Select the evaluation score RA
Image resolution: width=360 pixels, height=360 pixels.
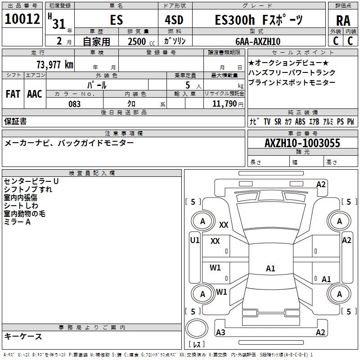pos(343,21)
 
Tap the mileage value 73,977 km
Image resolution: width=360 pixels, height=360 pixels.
pos(54,64)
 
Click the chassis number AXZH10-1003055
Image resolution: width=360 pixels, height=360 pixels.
pos(302,143)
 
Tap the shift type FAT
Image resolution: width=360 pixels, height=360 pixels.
pos(13,94)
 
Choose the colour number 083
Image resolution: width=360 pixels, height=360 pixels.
pos(75,104)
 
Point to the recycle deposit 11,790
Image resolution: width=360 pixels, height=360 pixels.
pos(227,104)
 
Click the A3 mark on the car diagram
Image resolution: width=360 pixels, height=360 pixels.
pos(220,333)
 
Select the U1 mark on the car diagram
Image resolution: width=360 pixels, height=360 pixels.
pos(194,240)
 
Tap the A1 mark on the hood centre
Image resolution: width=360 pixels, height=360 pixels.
pos(270,269)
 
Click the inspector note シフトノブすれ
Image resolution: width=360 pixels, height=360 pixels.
pos(28,189)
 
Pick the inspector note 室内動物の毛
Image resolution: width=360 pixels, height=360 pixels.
pos(25,214)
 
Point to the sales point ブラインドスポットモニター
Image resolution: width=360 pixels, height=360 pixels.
pos(292,83)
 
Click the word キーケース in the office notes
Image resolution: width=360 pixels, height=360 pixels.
pos(23,336)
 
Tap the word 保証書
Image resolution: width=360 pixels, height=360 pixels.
pos(15,121)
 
